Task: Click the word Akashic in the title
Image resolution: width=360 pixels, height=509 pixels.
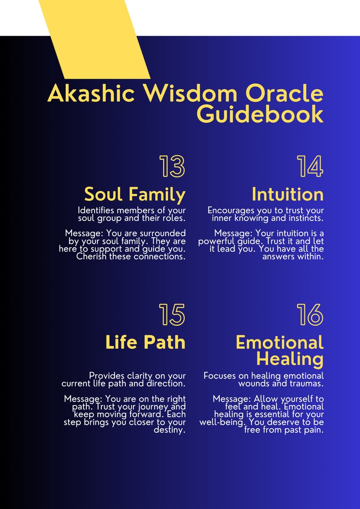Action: click(x=91, y=93)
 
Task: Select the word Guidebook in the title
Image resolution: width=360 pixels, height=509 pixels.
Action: click(x=260, y=114)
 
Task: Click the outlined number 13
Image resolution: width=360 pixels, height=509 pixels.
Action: click(x=172, y=166)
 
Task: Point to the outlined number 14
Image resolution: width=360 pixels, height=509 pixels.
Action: click(x=310, y=166)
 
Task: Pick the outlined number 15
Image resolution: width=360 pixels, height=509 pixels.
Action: click(x=172, y=315)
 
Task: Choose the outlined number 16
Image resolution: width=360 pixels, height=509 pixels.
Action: click(x=310, y=315)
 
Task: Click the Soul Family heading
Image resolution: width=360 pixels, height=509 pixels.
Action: click(x=135, y=195)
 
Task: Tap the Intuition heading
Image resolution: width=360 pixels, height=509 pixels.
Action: click(x=288, y=194)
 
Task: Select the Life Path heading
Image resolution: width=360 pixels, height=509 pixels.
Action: click(x=145, y=342)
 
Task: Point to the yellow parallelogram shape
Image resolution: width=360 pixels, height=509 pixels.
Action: click(x=95, y=39)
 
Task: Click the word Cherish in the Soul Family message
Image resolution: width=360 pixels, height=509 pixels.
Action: click(x=92, y=256)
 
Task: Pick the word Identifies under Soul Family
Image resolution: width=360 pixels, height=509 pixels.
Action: click(x=96, y=210)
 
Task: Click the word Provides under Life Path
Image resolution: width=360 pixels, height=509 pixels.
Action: click(x=107, y=376)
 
